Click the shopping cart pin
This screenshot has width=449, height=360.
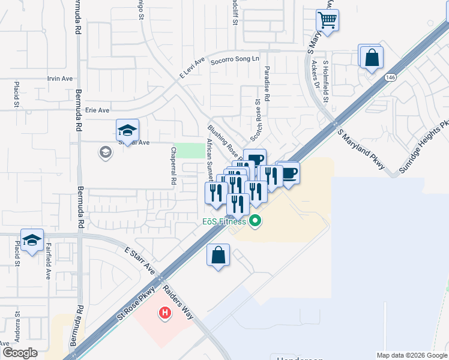(327, 20)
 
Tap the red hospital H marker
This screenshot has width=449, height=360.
(164, 313)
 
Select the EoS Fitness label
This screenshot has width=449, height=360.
(223, 222)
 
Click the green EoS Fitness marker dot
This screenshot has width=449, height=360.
(255, 222)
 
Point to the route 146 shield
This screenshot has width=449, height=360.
(391, 78)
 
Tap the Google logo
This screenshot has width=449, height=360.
(20, 353)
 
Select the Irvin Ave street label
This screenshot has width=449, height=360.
(59, 79)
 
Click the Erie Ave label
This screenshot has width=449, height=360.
(97, 110)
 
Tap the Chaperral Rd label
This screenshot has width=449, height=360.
(173, 165)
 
